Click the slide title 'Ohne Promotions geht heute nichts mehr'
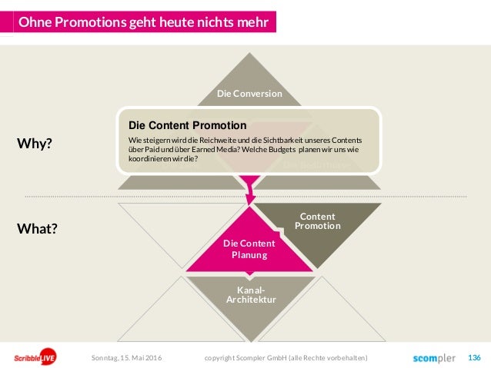(143, 22)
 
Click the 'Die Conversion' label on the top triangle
(249, 94)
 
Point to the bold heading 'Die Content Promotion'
(187, 124)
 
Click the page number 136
(474, 358)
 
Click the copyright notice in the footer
(286, 358)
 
